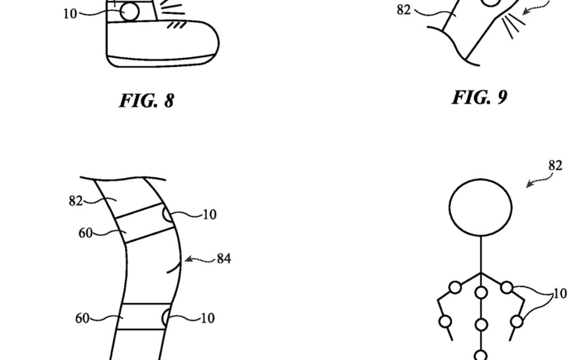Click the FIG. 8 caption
coord(147,101)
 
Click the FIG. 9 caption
coord(479,98)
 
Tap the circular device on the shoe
coord(130,12)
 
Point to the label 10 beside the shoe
coord(70,14)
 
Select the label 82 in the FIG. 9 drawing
coord(404,10)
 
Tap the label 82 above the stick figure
coord(555,165)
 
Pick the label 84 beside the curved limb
coord(223,260)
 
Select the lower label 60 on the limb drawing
coord(82,318)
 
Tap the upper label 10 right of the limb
coord(209,215)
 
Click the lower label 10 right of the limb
coord(207,318)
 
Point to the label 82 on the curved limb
coord(76,201)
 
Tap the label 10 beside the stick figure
coord(560,293)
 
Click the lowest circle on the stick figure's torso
coord(481,355)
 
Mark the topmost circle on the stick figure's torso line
coord(481,292)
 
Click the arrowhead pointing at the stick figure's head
coord(529,185)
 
